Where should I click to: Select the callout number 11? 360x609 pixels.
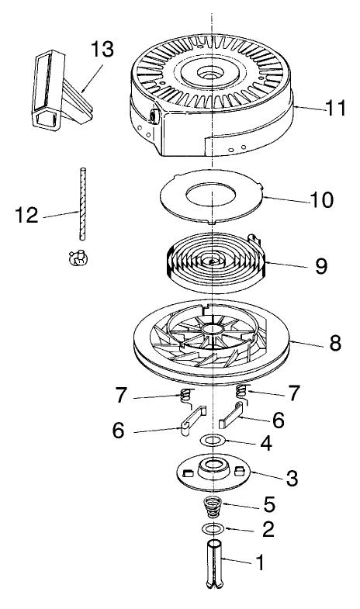335,108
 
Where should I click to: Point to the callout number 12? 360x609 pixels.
28,214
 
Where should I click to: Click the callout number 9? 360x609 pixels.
320,266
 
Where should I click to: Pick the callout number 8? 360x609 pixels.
334,344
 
